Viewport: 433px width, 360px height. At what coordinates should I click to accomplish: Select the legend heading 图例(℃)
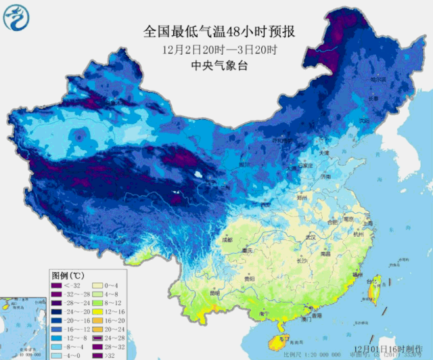coord(67,276)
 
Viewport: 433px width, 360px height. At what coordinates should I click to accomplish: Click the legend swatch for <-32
coord(58,286)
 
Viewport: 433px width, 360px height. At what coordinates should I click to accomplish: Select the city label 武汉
coord(311,238)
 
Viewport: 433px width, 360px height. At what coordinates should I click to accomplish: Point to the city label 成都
coord(225,240)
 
